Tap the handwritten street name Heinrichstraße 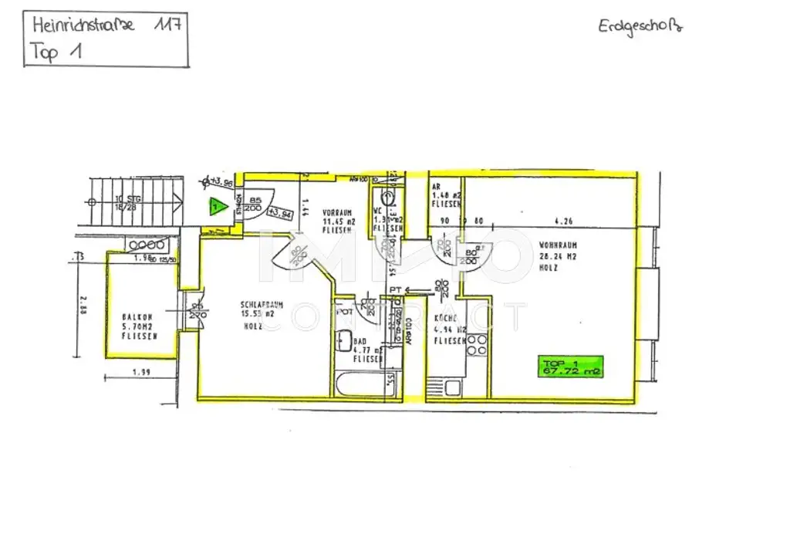pos(83,25)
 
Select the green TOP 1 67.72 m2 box pos(571,367)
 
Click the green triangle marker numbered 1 pos(218,206)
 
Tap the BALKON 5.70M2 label pos(140,326)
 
